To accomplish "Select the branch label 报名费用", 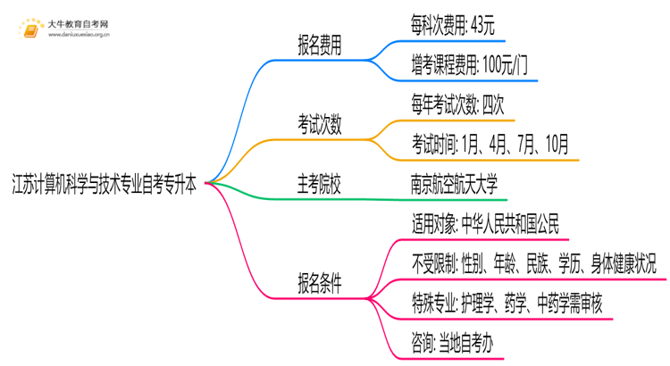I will (320, 42).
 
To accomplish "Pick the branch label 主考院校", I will (320, 183).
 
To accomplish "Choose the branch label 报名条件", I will (320, 283).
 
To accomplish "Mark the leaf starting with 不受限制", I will (532, 263).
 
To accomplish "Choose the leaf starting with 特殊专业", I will (507, 303).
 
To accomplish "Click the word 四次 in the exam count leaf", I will (500, 104).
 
